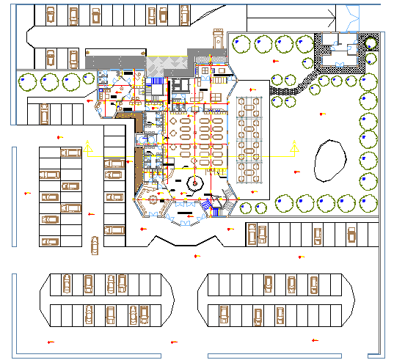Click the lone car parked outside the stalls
coord(94,246)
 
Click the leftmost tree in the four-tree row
coord(27,81)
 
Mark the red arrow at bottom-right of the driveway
coord(315,340)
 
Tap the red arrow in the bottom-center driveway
coord(174,342)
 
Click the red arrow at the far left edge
coord(26,193)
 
